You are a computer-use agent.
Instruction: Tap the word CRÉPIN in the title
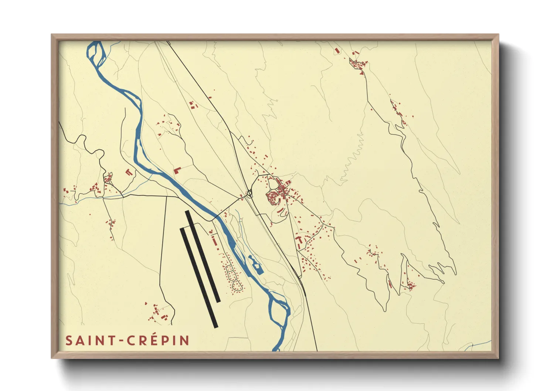coord(159,341)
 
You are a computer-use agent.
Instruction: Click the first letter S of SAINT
coord(69,341)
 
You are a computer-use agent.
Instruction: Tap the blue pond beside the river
coord(255,264)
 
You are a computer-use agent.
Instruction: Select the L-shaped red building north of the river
coord(177,170)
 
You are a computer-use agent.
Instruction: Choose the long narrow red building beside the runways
coord(214,241)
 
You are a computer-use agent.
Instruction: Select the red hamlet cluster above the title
coord(158,313)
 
